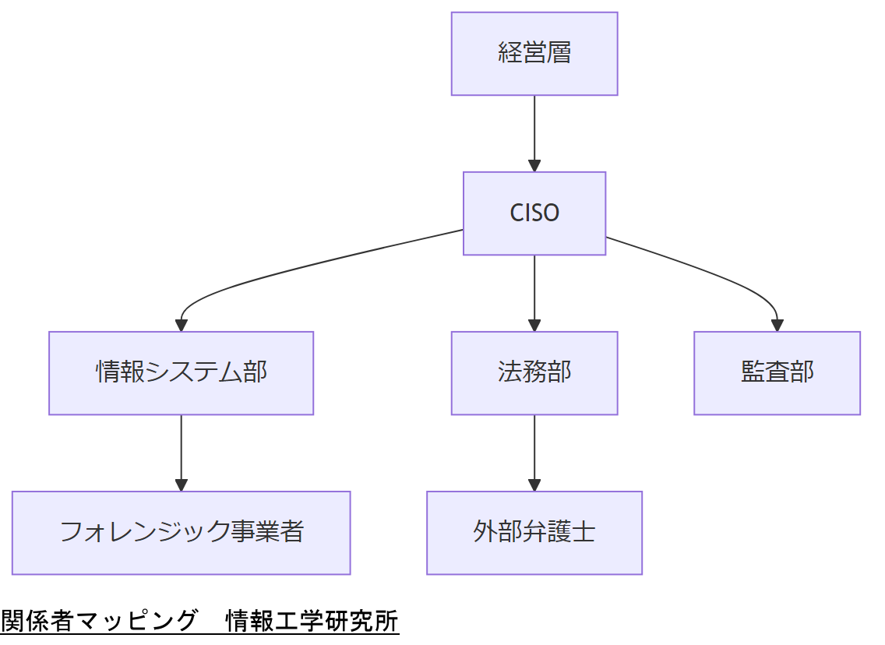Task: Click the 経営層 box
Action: pyautogui.click(x=534, y=54)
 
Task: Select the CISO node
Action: pyautogui.click(x=534, y=213)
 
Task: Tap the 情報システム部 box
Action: pyautogui.click(x=181, y=372)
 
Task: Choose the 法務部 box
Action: pyautogui.click(x=534, y=372)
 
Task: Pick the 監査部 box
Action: pyautogui.click(x=777, y=372)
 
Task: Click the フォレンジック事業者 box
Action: pyautogui.click(x=181, y=532)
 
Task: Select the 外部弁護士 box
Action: pyautogui.click(x=534, y=532)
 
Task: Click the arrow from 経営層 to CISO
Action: pyautogui.click(x=534, y=129)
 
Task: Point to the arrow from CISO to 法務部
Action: pyautogui.click(x=534, y=288)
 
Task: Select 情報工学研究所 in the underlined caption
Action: pyautogui.click(x=312, y=621)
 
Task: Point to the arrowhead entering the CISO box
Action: pyautogui.click(x=534, y=166)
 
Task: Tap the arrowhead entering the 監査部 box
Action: pyautogui.click(x=777, y=326)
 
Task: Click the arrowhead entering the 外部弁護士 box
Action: pyautogui.click(x=534, y=485)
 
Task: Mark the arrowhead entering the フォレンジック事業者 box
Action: pyautogui.click(x=181, y=485)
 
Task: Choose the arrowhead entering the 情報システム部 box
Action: pyautogui.click(x=181, y=326)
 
